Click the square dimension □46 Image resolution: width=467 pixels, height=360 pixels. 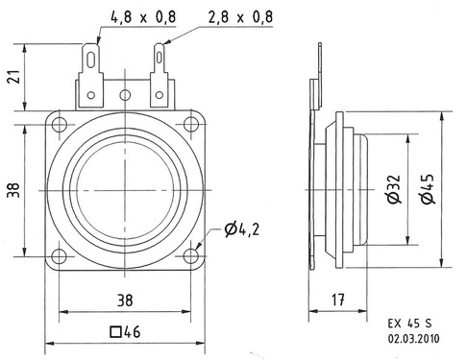click(125, 333)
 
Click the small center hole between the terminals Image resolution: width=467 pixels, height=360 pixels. click(126, 94)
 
